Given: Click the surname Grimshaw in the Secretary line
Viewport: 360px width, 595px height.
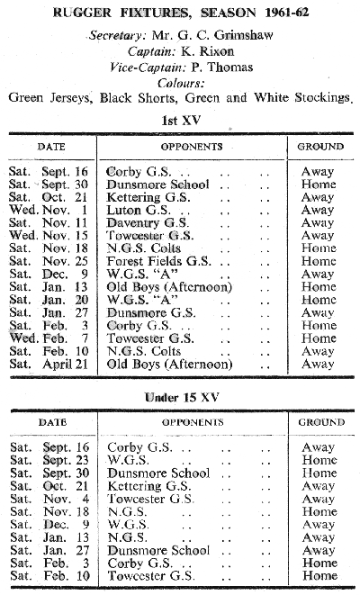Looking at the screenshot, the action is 243,35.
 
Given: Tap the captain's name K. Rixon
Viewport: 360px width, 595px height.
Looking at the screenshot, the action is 207,51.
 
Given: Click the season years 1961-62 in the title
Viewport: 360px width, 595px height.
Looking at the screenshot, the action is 287,13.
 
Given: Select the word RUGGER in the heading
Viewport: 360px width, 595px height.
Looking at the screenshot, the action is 82,13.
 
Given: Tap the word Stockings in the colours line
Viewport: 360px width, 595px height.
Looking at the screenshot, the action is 323,98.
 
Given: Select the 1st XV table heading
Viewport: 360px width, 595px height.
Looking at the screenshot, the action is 181,121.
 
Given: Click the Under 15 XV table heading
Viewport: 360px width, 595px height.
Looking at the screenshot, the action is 182,397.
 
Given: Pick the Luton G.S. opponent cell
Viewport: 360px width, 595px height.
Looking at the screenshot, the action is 139,210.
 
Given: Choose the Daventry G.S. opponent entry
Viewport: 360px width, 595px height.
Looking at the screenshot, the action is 148,222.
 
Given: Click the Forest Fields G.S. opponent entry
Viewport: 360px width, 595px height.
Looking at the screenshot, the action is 158,261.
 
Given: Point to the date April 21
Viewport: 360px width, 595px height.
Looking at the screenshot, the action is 65,365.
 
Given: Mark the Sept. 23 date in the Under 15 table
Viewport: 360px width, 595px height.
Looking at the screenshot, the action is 66,461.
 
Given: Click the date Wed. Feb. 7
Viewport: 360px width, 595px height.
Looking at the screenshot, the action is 49,338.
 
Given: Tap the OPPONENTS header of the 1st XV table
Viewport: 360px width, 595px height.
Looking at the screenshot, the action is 192,147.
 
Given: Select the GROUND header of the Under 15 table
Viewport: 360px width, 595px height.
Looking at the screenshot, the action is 321,422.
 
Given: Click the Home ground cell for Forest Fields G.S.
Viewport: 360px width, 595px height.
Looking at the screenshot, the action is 319,261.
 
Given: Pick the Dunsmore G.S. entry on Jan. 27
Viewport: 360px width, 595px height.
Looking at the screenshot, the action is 151,312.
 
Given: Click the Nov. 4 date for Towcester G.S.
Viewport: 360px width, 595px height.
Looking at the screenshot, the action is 66,499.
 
